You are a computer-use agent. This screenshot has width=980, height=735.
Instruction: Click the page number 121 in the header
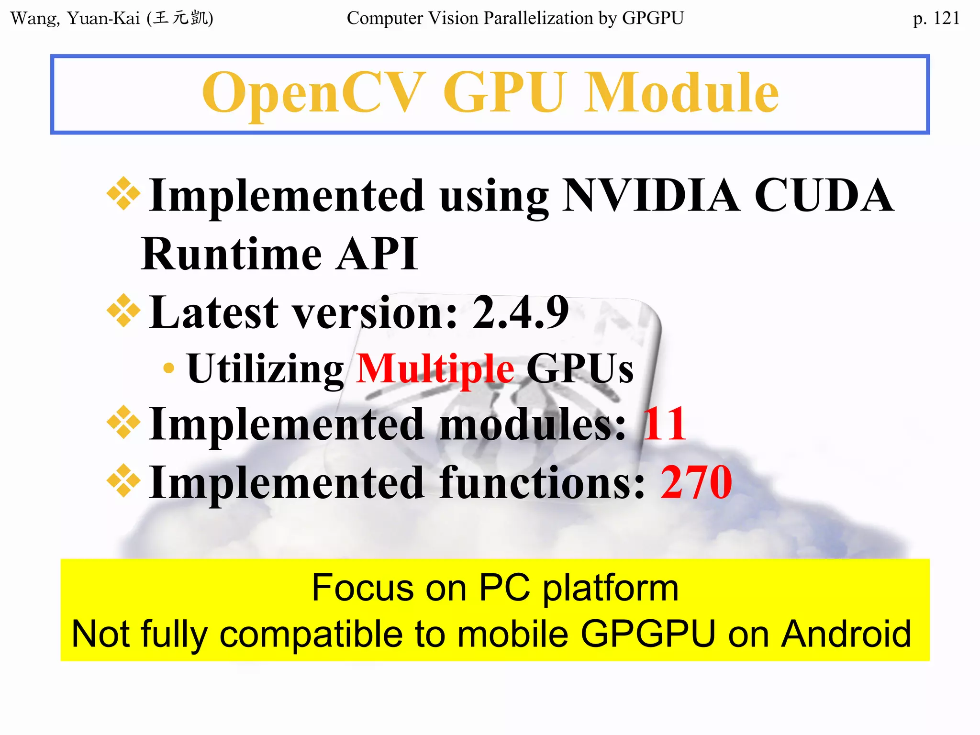click(x=946, y=18)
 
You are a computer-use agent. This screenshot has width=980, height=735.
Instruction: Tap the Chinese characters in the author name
click(x=180, y=18)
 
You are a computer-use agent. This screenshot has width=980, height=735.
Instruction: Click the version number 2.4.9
click(x=521, y=312)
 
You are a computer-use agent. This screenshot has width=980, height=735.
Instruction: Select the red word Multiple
click(x=435, y=368)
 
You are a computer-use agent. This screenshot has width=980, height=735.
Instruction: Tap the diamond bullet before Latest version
click(x=123, y=311)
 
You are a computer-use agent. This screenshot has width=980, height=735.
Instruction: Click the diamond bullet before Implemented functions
click(x=123, y=480)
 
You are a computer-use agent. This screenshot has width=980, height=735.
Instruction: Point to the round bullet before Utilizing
click(x=168, y=368)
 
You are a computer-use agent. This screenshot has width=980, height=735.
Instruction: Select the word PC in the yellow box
click(x=504, y=588)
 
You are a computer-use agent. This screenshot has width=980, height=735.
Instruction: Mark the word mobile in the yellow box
click(x=512, y=634)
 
